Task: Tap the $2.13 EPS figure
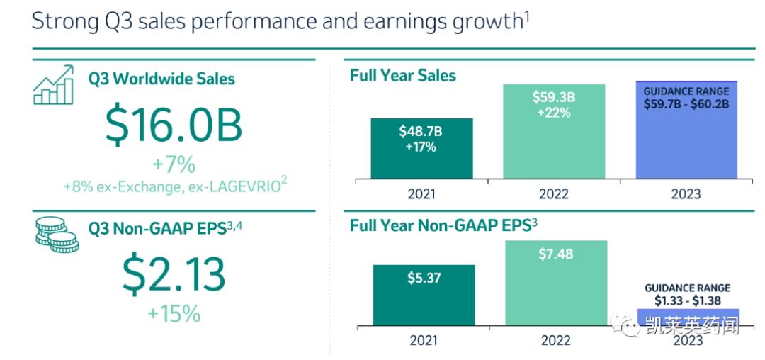174,274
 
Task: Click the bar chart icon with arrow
54,84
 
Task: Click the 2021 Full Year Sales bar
421,148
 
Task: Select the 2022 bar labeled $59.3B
554,131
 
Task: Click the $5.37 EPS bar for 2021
424,295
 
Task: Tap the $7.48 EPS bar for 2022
555,283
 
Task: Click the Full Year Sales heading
403,76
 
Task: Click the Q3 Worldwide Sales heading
161,78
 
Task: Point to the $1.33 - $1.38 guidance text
687,300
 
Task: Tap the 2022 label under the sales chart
554,194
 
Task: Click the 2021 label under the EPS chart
424,341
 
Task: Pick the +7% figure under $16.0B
174,165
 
